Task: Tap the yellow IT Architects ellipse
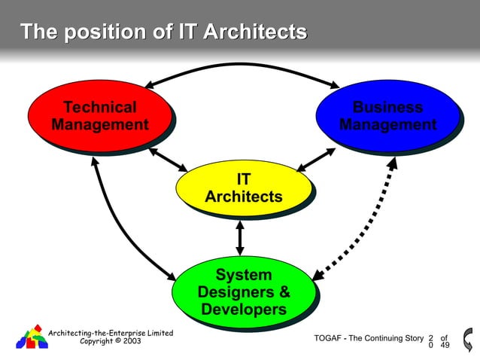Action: [243, 188]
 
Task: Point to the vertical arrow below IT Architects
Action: [240, 236]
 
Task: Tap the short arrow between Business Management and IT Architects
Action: [317, 159]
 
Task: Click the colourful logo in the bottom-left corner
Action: [32, 336]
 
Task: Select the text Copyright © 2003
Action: [110, 341]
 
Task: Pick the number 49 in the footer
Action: [445, 346]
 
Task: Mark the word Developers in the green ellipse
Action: [243, 309]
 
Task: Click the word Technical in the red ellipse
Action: [99, 107]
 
